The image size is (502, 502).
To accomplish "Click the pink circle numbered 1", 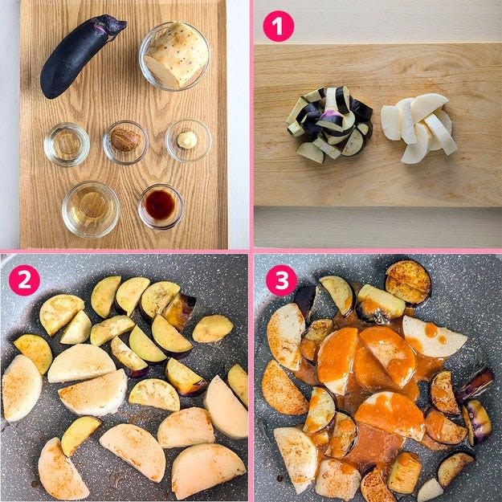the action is (x=278, y=27).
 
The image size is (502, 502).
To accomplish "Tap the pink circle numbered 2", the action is (x=24, y=280).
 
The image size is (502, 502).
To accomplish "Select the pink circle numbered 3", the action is (x=281, y=280).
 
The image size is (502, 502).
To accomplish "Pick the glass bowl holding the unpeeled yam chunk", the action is (x=174, y=57).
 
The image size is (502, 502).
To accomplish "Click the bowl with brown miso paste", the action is (x=125, y=142).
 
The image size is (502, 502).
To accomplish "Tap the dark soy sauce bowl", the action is (x=161, y=206).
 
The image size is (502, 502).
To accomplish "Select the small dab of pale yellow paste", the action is (x=187, y=141).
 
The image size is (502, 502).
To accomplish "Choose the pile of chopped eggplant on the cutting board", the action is (x=330, y=124).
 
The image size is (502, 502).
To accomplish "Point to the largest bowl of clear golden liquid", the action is (x=91, y=209).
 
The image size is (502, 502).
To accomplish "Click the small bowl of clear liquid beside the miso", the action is (x=67, y=145).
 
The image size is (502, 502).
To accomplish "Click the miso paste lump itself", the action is (x=125, y=139).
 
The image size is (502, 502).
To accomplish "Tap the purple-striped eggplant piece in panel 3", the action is (x=477, y=422).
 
